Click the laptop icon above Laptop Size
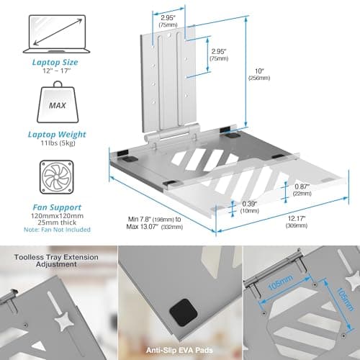(57, 34)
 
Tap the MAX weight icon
(58, 102)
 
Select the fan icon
(57, 177)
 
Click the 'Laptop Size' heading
(55, 63)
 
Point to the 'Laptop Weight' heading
(57, 135)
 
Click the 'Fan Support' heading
(57, 207)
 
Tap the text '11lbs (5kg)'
(58, 143)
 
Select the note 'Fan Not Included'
(57, 230)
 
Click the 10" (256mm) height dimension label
(259, 74)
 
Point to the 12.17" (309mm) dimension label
(297, 222)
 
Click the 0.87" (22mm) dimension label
(302, 190)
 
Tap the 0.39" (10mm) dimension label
(250, 207)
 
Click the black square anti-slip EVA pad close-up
(184, 312)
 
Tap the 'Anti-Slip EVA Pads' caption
(179, 350)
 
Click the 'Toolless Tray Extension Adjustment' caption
(56, 261)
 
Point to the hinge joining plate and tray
(172, 135)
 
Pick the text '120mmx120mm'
(57, 216)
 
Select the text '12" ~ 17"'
(57, 71)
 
